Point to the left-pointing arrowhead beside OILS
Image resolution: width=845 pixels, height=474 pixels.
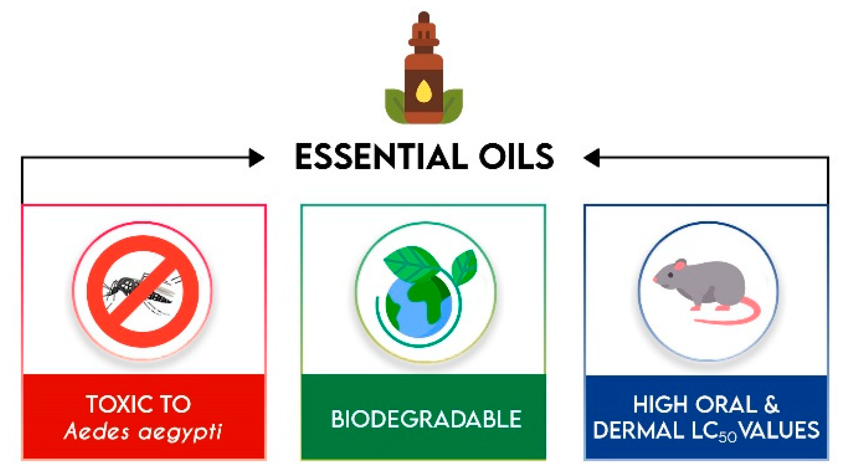[592, 158]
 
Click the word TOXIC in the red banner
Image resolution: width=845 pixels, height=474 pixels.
[117, 404]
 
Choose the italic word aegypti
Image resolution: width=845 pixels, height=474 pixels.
[180, 432]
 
